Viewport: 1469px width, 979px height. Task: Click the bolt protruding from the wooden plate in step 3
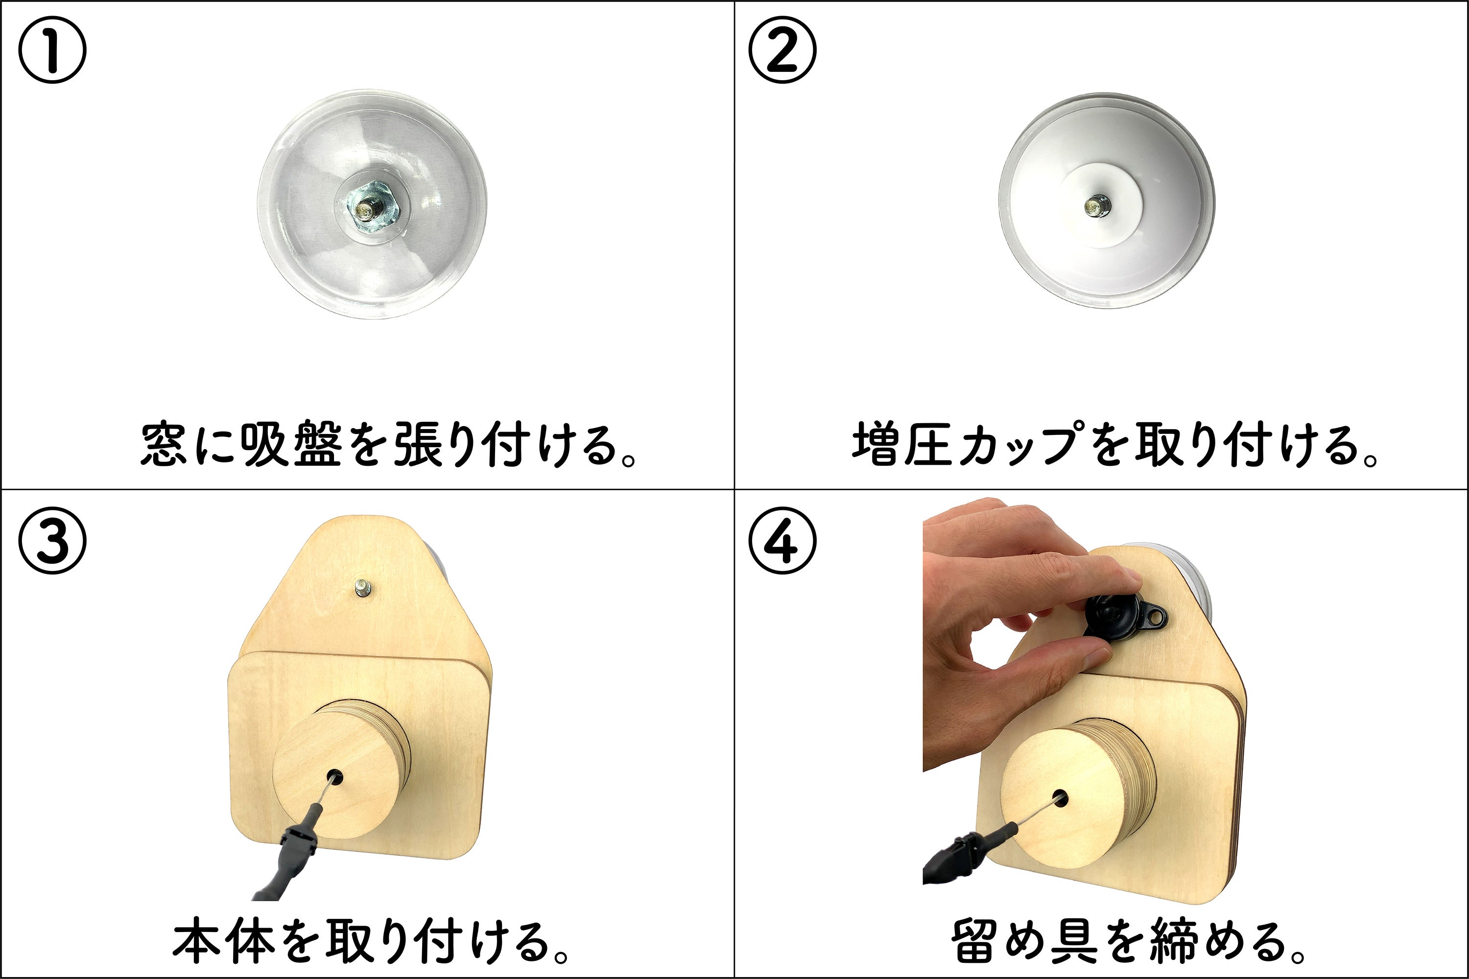coord(362,588)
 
